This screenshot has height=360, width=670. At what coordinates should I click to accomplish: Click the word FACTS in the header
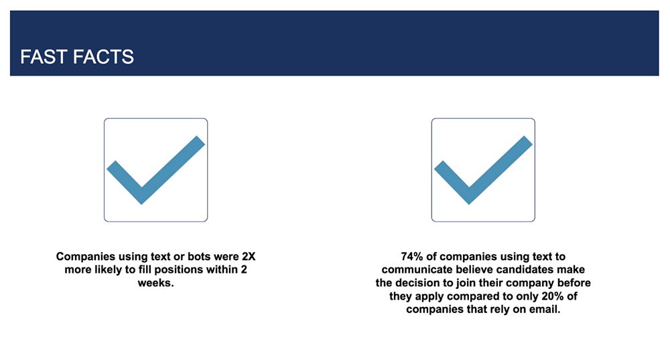click(x=103, y=57)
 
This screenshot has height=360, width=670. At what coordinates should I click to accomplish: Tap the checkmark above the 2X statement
click(x=155, y=170)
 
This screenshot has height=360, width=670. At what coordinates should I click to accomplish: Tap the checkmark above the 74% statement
click(x=483, y=170)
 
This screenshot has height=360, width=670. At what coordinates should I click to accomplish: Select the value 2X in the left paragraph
click(x=249, y=257)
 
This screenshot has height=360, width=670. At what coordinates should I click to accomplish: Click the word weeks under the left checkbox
click(x=155, y=283)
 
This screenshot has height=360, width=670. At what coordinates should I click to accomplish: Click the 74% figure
click(x=412, y=257)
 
